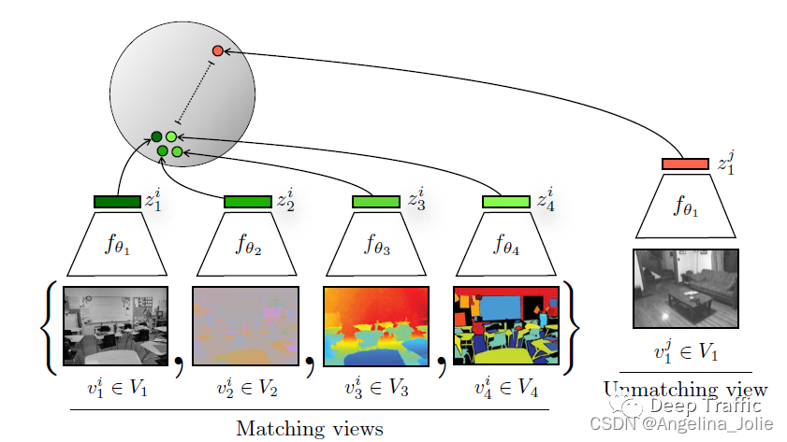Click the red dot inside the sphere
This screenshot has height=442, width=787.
point(217,50)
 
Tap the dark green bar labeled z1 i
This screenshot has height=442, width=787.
point(116,202)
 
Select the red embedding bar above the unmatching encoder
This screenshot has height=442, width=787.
point(685,164)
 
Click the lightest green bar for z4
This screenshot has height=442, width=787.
point(505,202)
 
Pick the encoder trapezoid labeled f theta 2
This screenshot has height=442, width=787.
point(246,245)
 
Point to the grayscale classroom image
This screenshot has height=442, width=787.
point(115,325)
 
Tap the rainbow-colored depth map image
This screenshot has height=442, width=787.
point(375,325)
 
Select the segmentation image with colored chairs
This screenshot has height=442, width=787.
point(505,325)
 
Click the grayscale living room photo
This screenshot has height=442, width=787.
point(686,288)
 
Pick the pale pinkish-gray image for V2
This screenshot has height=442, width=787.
point(245,325)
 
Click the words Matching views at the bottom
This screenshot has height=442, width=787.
point(309,429)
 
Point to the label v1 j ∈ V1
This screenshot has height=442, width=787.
point(686,352)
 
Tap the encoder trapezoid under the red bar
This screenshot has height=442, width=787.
point(685,207)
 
